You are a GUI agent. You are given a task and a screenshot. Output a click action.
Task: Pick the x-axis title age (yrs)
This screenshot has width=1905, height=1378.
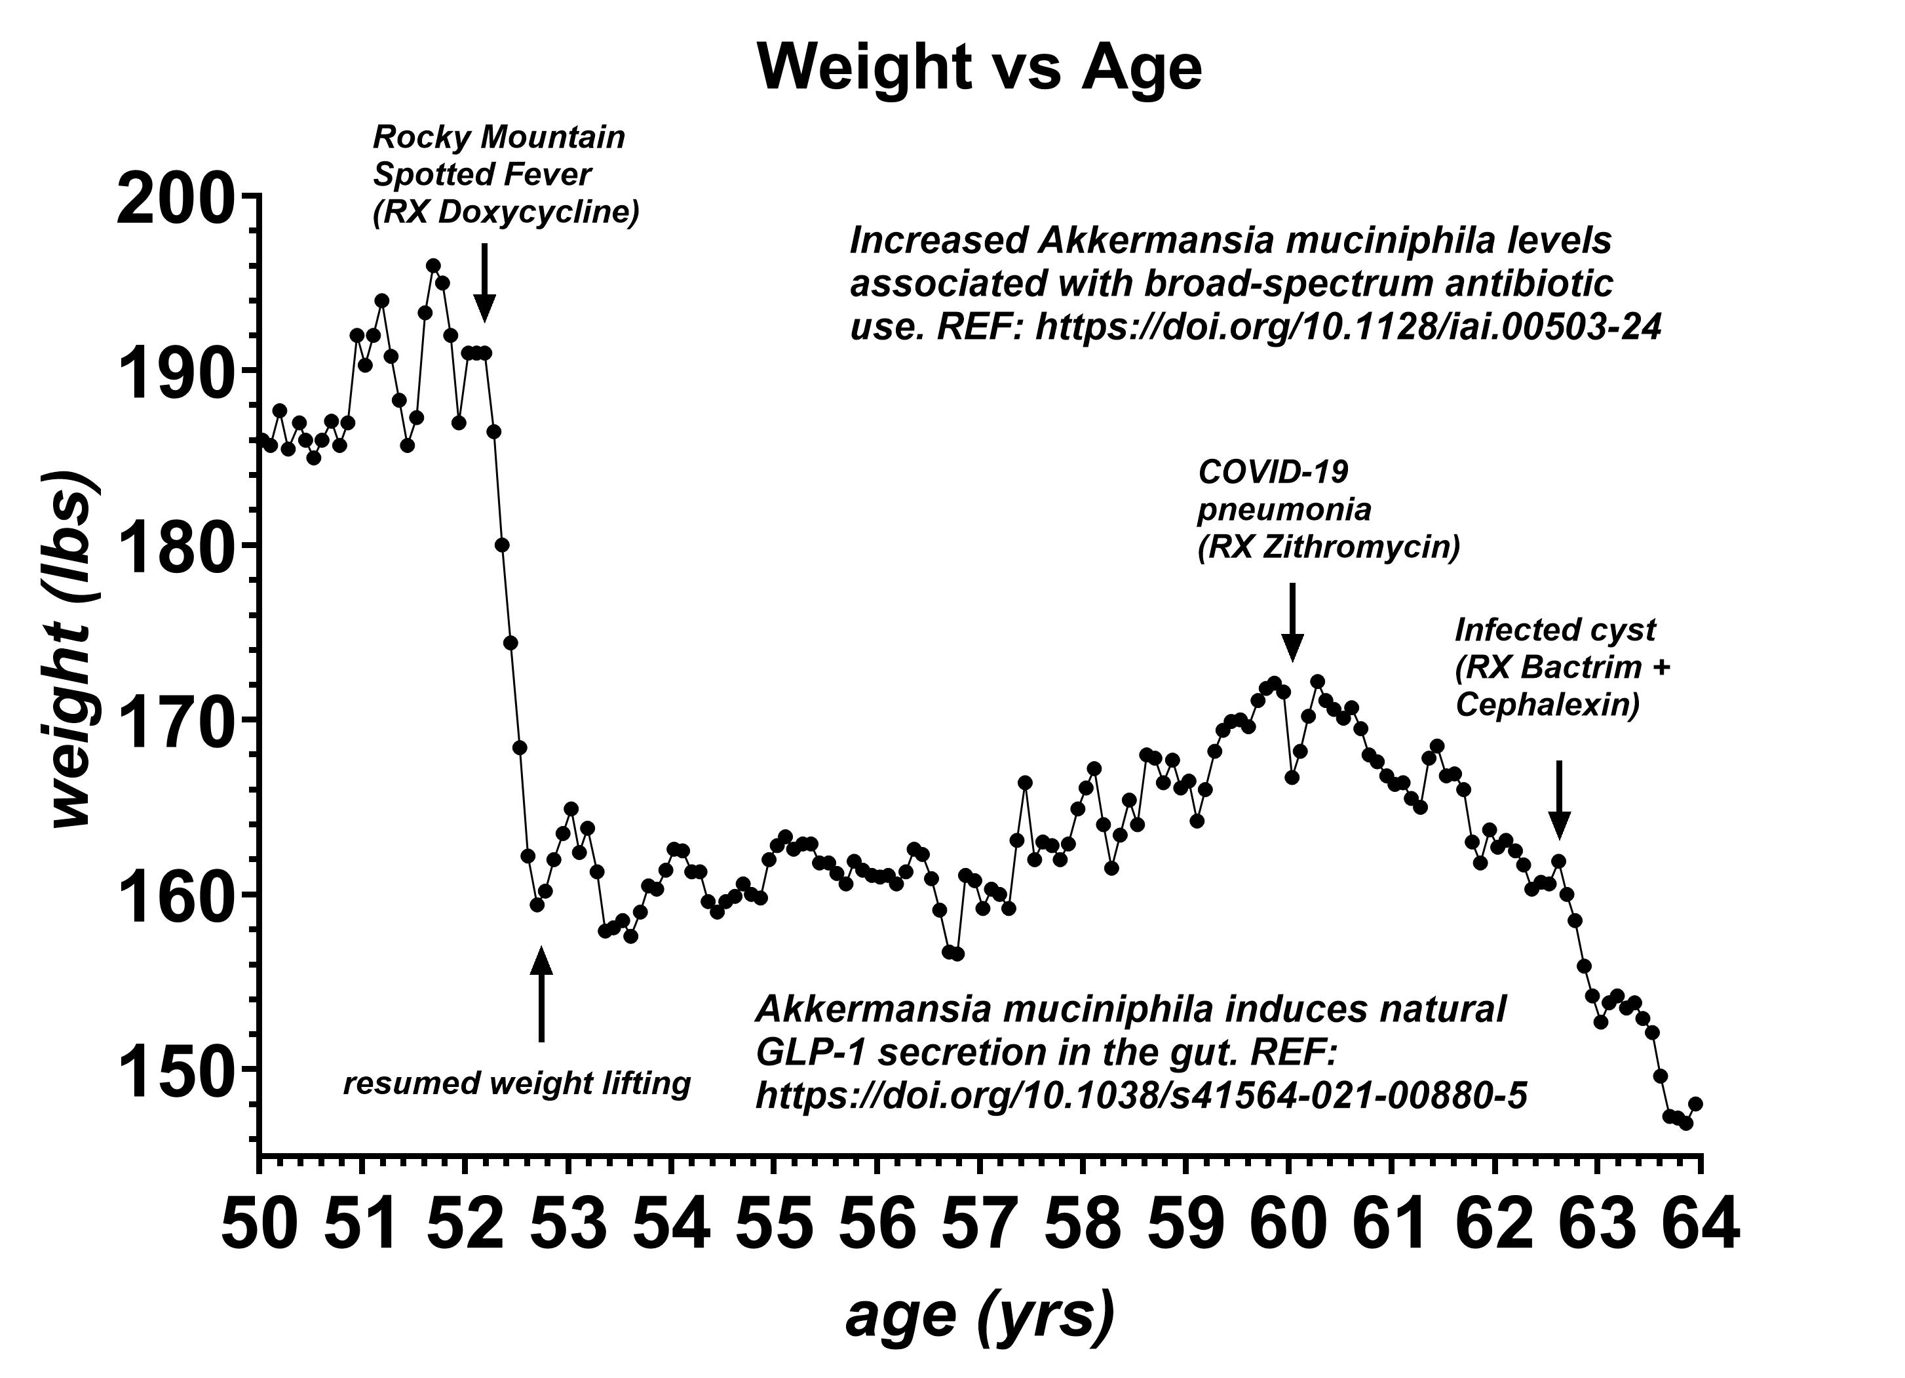tap(980, 1315)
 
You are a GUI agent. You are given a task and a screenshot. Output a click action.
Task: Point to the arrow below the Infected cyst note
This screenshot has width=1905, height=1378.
tap(1559, 799)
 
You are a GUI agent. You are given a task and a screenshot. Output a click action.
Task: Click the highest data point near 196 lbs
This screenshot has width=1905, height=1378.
tap(433, 266)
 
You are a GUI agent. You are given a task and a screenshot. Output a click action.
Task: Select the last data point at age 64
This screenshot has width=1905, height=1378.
tap(1695, 1103)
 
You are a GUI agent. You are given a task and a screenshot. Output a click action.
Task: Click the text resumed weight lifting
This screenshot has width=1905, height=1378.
tap(516, 1084)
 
